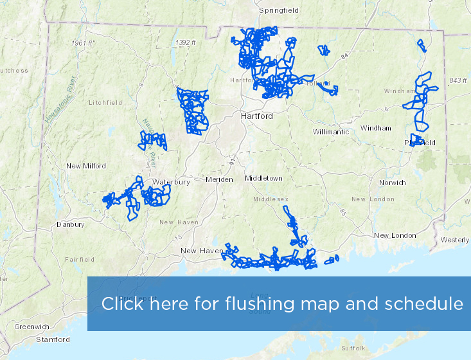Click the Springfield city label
pyautogui.click(x=279, y=10)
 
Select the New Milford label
pyautogui.click(x=86, y=166)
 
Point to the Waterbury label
pyautogui.click(x=171, y=182)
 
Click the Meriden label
pyautogui.click(x=219, y=179)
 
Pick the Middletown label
pyautogui.click(x=263, y=178)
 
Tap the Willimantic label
pyautogui.click(x=331, y=132)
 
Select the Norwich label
pyautogui.click(x=392, y=183)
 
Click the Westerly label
pyautogui.click(x=455, y=240)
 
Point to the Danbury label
pyautogui.click(x=71, y=225)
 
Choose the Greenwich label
pyautogui.click(x=31, y=327)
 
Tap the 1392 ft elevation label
pyautogui.click(x=185, y=42)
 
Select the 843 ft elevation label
pyautogui.click(x=458, y=80)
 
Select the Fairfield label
pyautogui.click(x=80, y=260)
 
